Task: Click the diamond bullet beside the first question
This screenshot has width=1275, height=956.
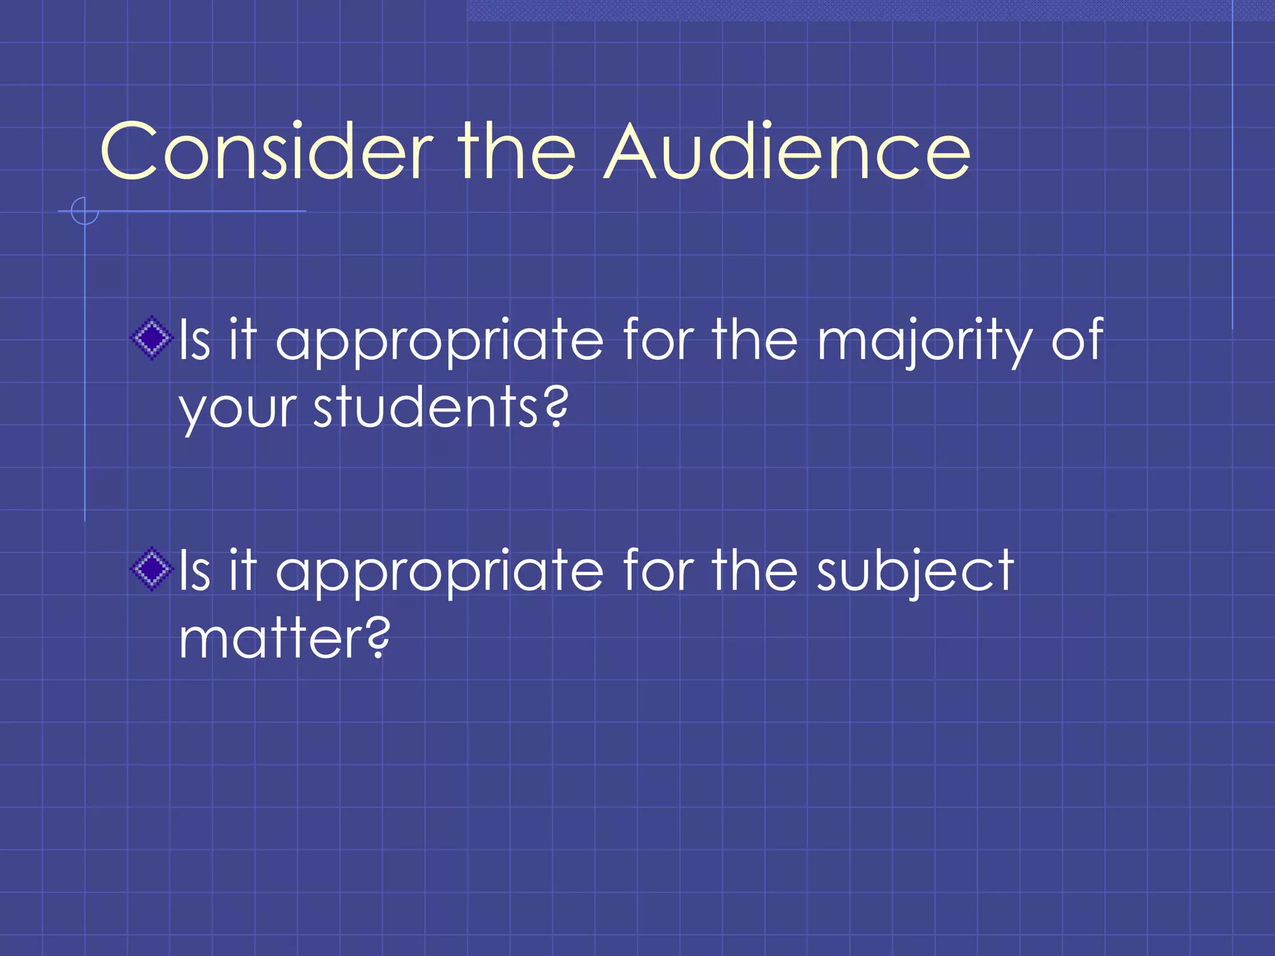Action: coord(151,339)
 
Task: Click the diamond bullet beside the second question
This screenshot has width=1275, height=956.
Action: coord(151,569)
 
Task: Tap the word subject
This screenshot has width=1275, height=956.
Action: coord(915,571)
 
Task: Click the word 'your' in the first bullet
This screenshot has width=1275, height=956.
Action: coord(237,411)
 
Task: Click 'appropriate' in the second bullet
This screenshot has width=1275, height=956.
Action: coord(440,571)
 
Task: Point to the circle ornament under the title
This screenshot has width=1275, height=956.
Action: coord(84,211)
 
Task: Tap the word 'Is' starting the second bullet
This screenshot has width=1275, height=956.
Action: coord(195,569)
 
